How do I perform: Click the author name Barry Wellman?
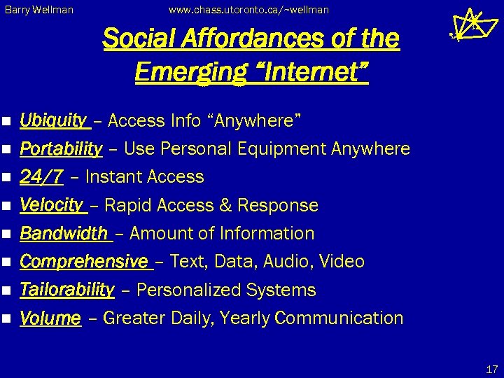point(39,10)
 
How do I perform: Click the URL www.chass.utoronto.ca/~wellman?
point(248,10)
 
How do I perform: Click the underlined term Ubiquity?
point(53,121)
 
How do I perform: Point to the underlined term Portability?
point(61,149)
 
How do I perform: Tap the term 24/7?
point(41,177)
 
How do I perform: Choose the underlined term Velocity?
point(51,205)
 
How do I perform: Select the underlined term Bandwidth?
point(64,233)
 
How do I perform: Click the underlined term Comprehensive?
point(84,262)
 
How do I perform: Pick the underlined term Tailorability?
point(66,290)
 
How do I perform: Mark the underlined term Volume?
point(50,318)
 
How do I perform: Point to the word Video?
point(342,262)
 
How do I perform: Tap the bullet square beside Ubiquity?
point(7,122)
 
